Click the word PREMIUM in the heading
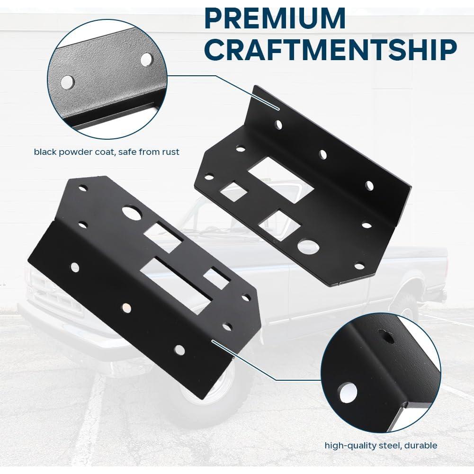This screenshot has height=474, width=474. click(x=275, y=19)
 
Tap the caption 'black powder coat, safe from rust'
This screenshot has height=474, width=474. click(x=107, y=152)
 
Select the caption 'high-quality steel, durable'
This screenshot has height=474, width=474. click(x=381, y=445)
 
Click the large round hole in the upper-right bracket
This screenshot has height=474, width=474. click(x=308, y=247)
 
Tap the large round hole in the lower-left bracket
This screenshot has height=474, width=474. click(x=132, y=212)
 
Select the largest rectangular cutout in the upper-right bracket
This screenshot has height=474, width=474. click(x=281, y=180)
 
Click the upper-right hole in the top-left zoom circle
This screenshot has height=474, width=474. click(x=147, y=59)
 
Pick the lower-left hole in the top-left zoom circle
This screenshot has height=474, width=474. click(x=68, y=82)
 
